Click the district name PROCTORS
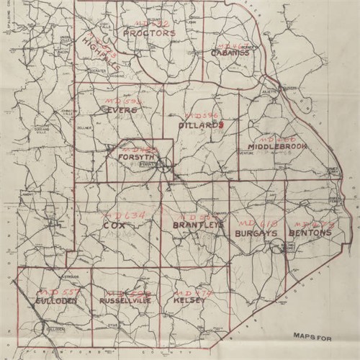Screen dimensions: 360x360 pos(149,33)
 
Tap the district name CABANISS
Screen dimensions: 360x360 pos(230,53)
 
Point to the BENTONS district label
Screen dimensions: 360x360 pos(310,233)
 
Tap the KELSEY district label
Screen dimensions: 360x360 pos(189,300)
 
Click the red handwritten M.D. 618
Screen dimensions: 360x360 pos(253,219)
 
